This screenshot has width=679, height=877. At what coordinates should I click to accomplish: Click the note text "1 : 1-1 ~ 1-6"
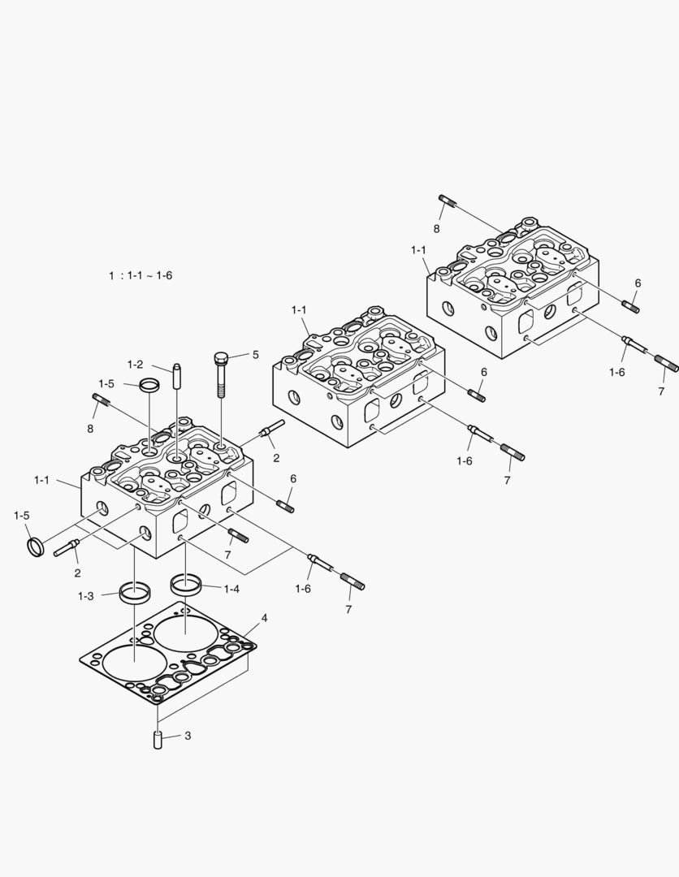[x=141, y=275]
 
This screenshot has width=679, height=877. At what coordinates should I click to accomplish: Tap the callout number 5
[x=255, y=355]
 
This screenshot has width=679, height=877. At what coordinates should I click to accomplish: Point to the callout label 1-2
[x=135, y=364]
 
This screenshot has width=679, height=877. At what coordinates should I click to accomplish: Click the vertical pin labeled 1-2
[x=176, y=379]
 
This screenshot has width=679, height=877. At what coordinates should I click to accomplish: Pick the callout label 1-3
[x=86, y=596]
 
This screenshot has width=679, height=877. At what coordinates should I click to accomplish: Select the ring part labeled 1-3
[x=132, y=592]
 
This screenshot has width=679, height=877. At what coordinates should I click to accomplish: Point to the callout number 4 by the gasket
[x=264, y=619]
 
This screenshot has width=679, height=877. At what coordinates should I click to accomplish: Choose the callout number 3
[x=188, y=736]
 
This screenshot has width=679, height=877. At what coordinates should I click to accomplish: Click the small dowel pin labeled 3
[x=158, y=741]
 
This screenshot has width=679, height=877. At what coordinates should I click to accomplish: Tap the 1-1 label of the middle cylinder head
[x=299, y=310]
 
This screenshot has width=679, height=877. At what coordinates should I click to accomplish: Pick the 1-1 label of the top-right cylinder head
[x=419, y=249]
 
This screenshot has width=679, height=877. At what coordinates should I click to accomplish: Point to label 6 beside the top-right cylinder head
[x=638, y=283]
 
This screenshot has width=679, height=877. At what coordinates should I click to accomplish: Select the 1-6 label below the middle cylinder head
[x=465, y=461]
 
